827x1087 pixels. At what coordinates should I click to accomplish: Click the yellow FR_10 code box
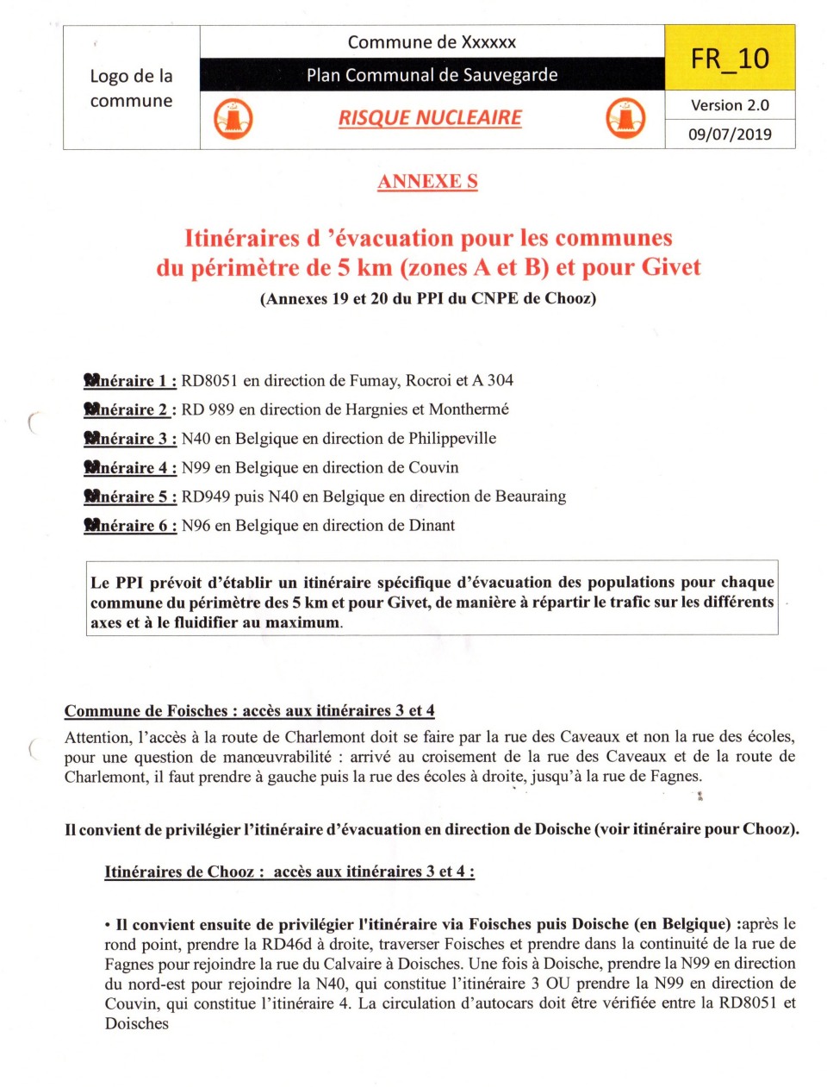click(x=730, y=58)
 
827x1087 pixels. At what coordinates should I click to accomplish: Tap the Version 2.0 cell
click(x=730, y=105)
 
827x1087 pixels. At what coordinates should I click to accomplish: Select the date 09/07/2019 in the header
click(x=730, y=134)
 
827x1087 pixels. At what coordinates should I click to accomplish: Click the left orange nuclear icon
click(x=233, y=118)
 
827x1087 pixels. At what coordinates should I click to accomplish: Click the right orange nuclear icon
click(x=625, y=118)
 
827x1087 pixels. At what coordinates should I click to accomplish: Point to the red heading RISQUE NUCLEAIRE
click(x=430, y=118)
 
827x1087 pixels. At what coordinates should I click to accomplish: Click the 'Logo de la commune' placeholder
click(x=131, y=88)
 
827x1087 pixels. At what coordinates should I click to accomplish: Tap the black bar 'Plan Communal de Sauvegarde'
click(x=432, y=75)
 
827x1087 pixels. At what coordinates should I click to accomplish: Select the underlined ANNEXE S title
click(x=427, y=181)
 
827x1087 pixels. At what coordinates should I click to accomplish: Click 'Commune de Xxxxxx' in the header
click(x=432, y=42)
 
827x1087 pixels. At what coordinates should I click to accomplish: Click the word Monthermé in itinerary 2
click(x=469, y=409)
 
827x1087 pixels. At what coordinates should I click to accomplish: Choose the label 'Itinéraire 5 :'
click(x=131, y=497)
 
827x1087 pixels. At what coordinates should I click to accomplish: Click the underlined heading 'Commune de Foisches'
click(x=146, y=710)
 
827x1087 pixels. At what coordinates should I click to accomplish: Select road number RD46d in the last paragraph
click(x=288, y=943)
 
